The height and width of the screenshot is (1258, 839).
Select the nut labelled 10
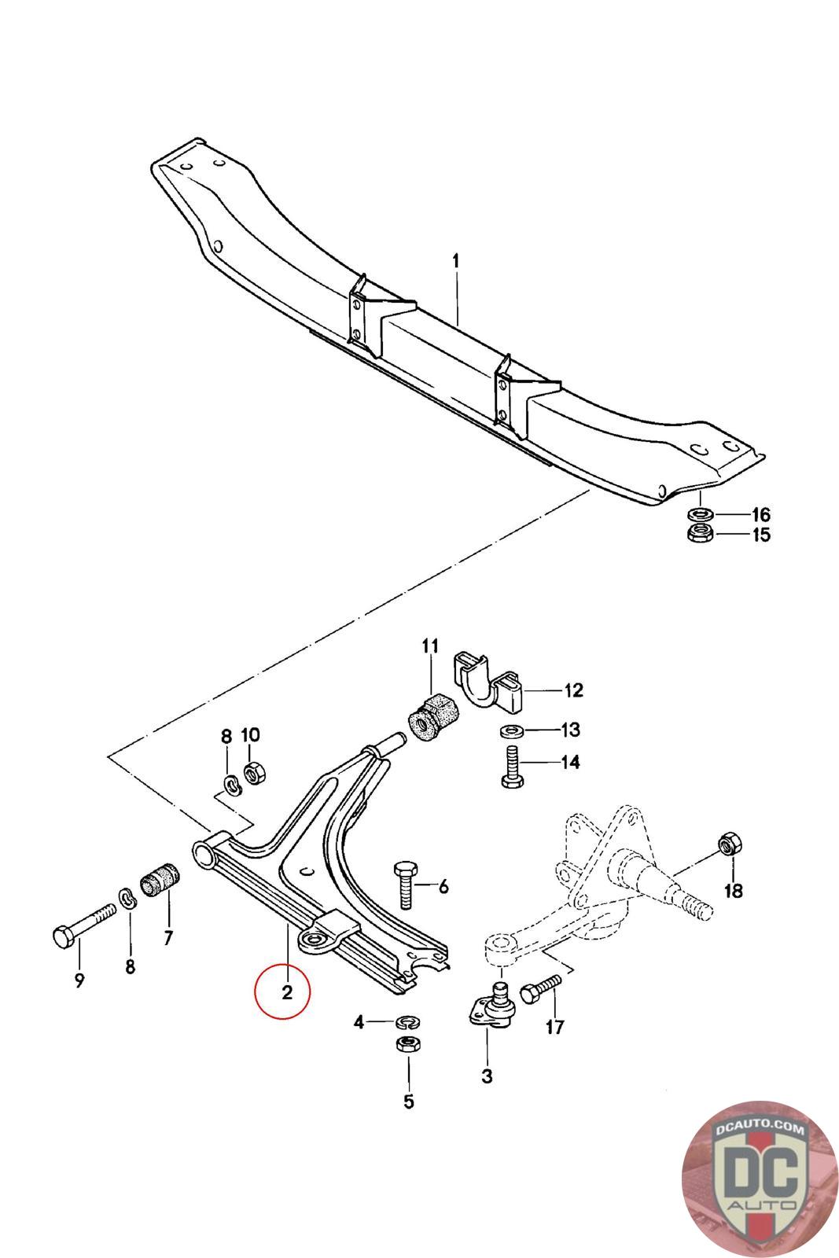(253, 772)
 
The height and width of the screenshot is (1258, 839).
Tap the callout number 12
(573, 690)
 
